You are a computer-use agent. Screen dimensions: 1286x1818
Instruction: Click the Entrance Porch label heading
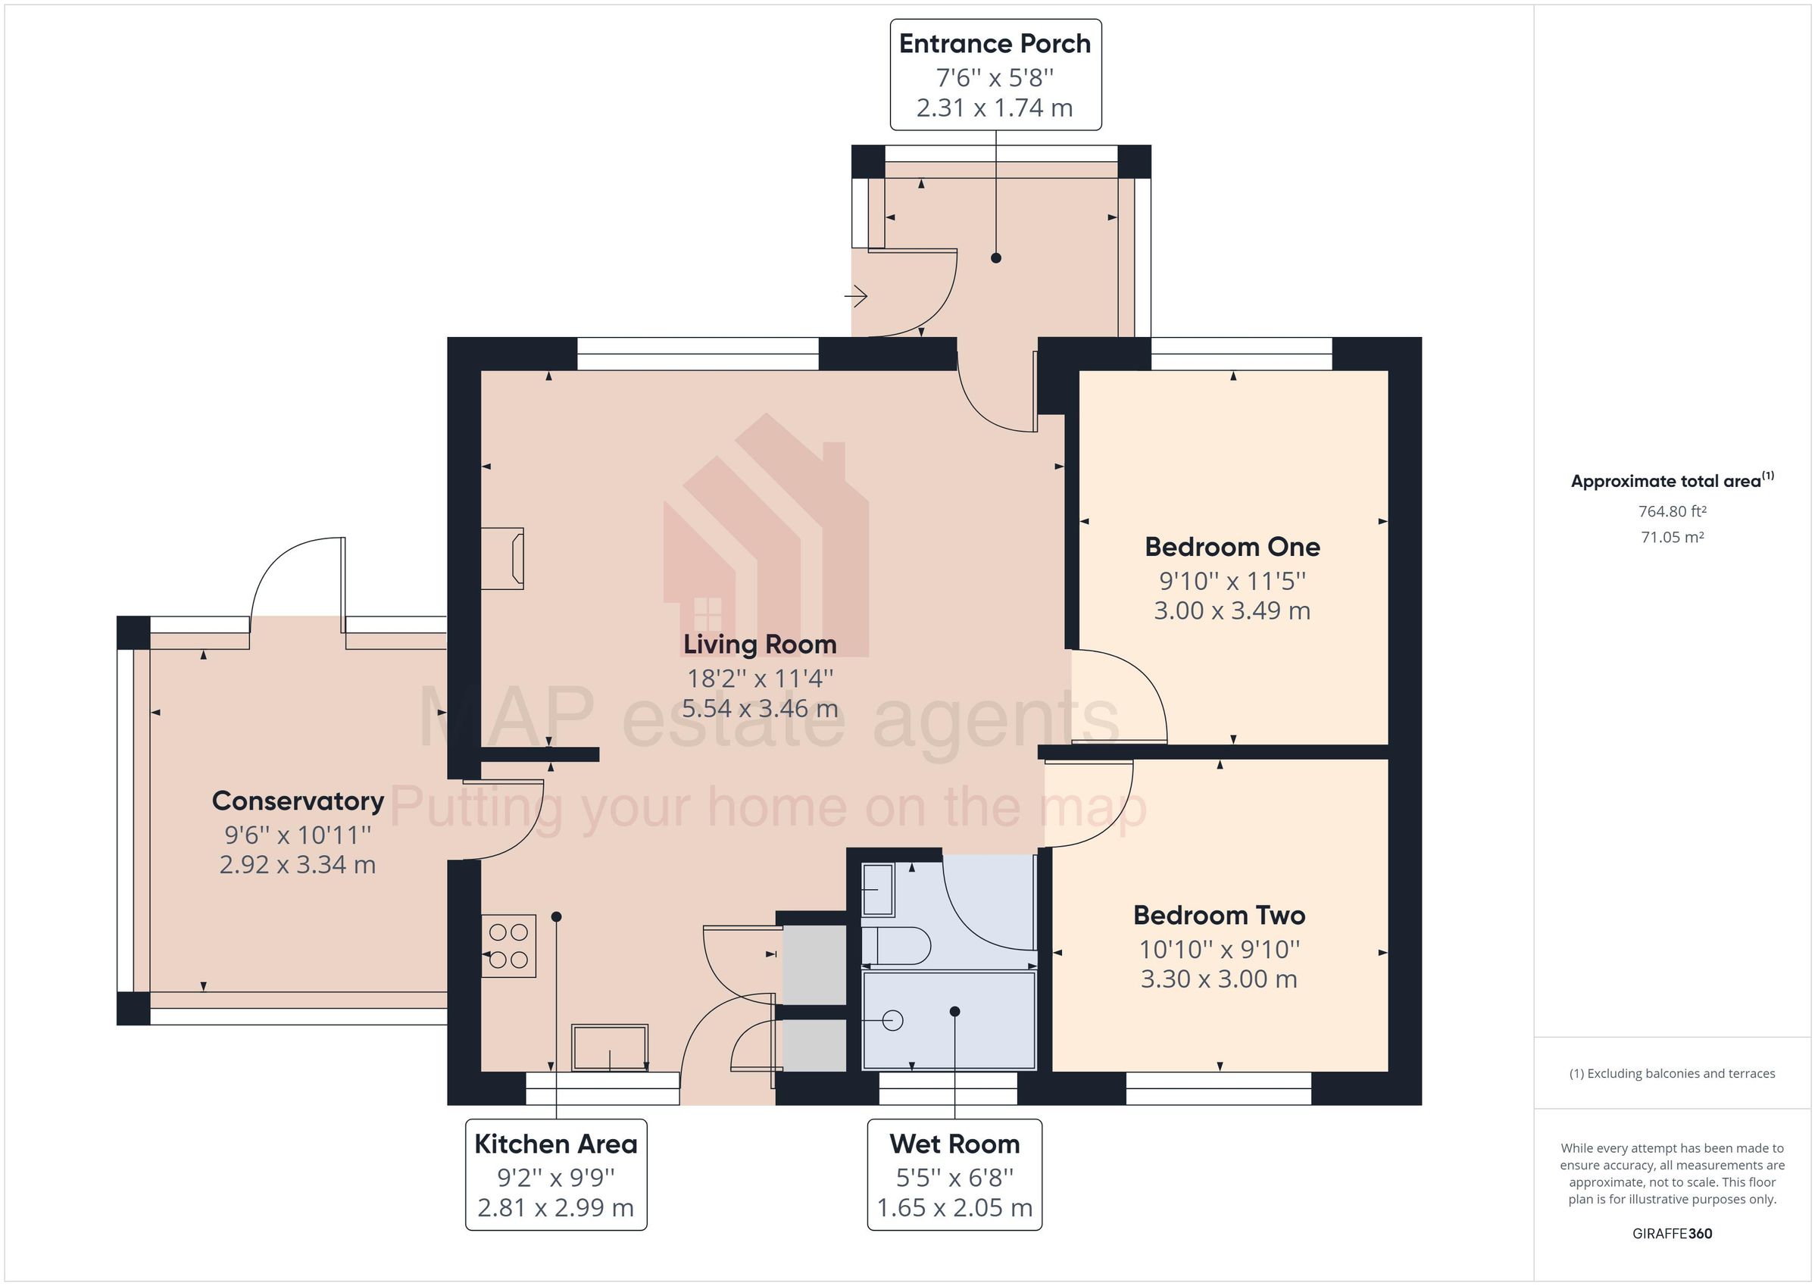pyautogui.click(x=995, y=44)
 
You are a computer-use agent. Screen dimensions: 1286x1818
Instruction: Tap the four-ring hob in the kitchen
pyautogui.click(x=508, y=946)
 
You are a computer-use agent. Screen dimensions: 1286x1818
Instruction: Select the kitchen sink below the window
pyautogui.click(x=610, y=1047)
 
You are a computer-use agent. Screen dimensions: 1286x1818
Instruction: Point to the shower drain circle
pyautogui.click(x=892, y=1021)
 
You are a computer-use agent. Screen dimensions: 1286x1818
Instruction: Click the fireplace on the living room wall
pyautogui.click(x=504, y=558)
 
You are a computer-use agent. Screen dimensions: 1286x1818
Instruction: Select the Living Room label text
pyautogui.click(x=759, y=645)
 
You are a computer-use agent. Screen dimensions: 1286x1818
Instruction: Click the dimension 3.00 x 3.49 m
pyautogui.click(x=1232, y=610)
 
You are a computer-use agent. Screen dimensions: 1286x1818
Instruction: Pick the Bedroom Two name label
pyautogui.click(x=1219, y=916)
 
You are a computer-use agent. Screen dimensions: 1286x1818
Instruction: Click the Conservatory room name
pyautogui.click(x=298, y=801)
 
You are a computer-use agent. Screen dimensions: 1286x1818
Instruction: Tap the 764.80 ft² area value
pyautogui.click(x=1673, y=511)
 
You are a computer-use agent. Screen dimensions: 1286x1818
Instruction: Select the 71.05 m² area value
pyautogui.click(x=1673, y=537)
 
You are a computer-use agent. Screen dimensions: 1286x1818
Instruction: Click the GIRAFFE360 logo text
pyautogui.click(x=1673, y=1233)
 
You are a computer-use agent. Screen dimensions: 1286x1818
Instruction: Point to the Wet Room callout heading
pyautogui.click(x=954, y=1144)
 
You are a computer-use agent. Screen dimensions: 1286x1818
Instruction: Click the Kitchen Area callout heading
pyautogui.click(x=556, y=1144)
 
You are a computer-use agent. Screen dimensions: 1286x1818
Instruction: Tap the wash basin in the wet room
pyautogui.click(x=877, y=890)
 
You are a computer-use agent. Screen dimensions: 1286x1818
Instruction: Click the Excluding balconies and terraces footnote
pyautogui.click(x=1673, y=1074)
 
